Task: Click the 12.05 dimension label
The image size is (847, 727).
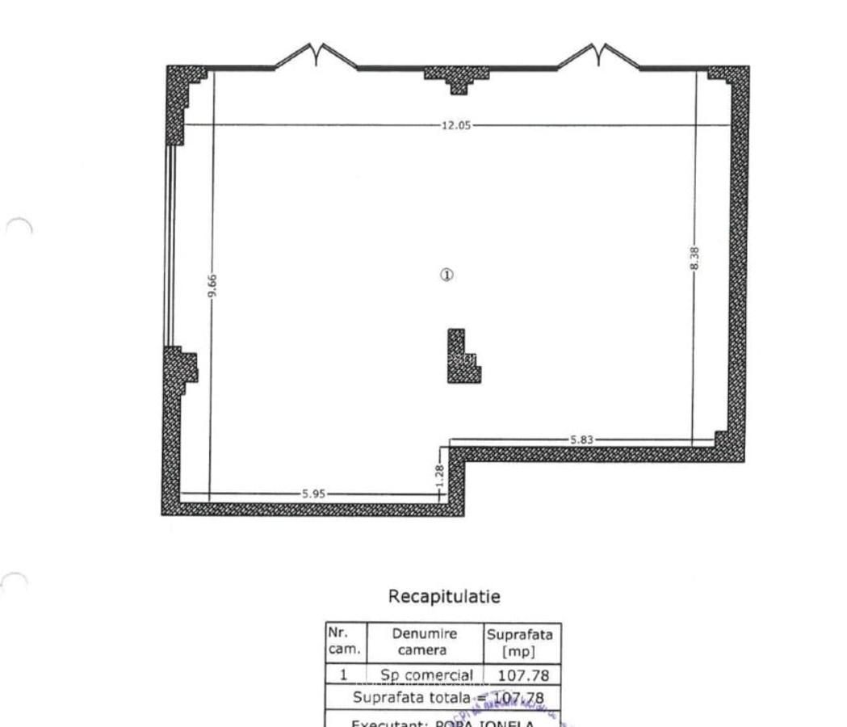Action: (455, 125)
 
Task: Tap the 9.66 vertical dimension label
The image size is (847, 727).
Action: (212, 286)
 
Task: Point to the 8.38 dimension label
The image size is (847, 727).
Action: (695, 258)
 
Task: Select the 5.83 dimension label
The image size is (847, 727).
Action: (581, 440)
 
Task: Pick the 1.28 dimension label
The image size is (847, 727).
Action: (440, 471)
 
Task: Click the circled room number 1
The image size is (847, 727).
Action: (447, 275)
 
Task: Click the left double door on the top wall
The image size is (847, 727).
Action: (317, 57)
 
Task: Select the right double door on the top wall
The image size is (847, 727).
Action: (598, 57)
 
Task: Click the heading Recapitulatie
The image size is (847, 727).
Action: (444, 597)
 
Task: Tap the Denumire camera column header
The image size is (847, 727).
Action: (425, 642)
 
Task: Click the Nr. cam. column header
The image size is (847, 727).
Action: (345, 642)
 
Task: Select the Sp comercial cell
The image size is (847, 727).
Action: (426, 675)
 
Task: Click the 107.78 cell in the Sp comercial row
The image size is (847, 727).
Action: (521, 675)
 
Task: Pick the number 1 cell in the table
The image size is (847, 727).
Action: (344, 675)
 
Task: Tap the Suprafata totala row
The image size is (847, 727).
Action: (449, 697)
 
